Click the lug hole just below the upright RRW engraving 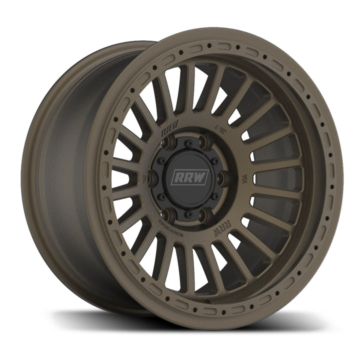click(x=167, y=146)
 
